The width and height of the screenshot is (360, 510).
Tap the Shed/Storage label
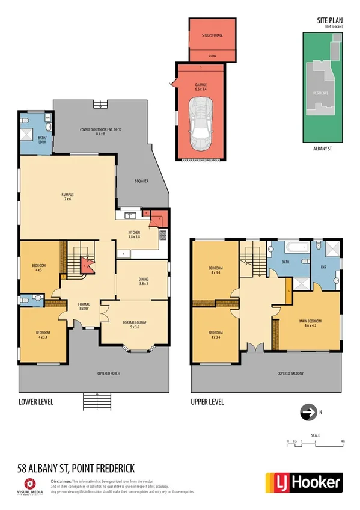(x=208, y=35)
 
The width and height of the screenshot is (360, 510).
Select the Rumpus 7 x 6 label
(x=67, y=197)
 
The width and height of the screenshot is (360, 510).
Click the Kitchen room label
(x=135, y=235)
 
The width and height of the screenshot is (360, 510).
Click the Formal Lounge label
(x=130, y=325)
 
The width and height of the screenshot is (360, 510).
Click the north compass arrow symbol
(x=308, y=413)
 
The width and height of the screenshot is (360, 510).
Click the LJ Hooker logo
(x=304, y=482)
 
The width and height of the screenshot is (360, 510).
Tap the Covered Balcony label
(x=291, y=373)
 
